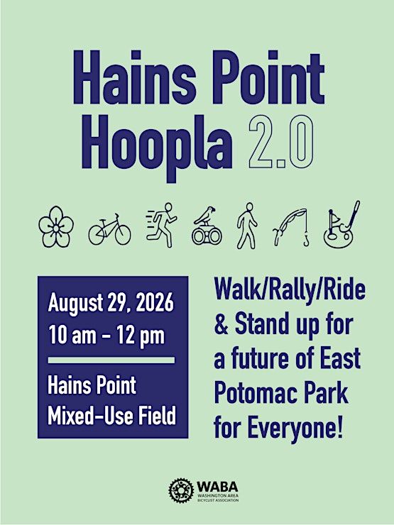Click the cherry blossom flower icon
(56, 226)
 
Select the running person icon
(161, 225)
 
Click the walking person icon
(247, 226)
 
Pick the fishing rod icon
(291, 227)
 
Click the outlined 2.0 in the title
(281, 142)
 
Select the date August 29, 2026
(111, 303)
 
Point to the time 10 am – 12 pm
(106, 336)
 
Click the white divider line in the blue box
(111, 360)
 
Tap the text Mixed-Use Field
(111, 416)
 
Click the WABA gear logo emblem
(181, 491)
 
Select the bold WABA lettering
(217, 487)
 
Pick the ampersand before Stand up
(221, 324)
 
